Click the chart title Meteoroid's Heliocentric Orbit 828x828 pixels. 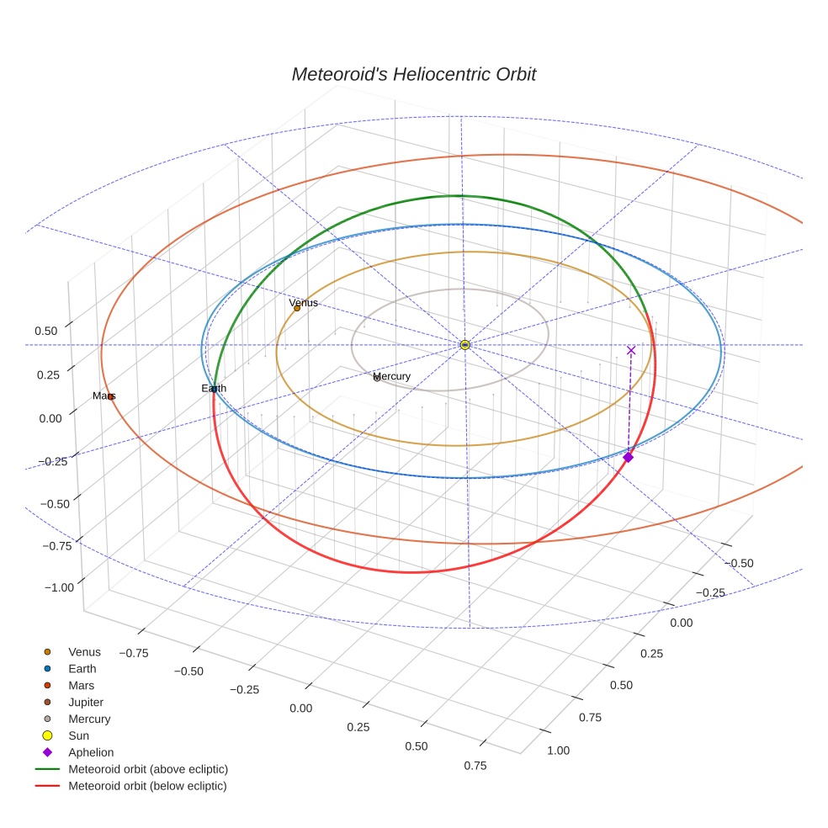coord(413,74)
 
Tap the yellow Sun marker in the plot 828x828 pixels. coord(464,345)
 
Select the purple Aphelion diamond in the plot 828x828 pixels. coord(628,457)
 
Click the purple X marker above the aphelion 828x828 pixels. coord(631,350)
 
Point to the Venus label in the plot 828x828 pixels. coord(303,303)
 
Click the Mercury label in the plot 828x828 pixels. coord(391,376)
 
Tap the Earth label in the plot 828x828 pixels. coord(214,388)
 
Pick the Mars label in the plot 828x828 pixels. coord(103,395)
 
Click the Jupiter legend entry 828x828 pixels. coord(86,702)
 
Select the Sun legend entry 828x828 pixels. coord(78,735)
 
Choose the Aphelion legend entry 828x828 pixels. coord(90,752)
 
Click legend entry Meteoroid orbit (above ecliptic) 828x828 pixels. coord(147,769)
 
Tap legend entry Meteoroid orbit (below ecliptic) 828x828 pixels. coord(147,786)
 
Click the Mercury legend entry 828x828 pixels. coord(89,719)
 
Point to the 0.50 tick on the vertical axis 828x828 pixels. coord(45,332)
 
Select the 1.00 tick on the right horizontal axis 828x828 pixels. coord(558,751)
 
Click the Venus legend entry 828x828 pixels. coord(84,651)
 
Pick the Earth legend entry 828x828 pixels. coord(82,668)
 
